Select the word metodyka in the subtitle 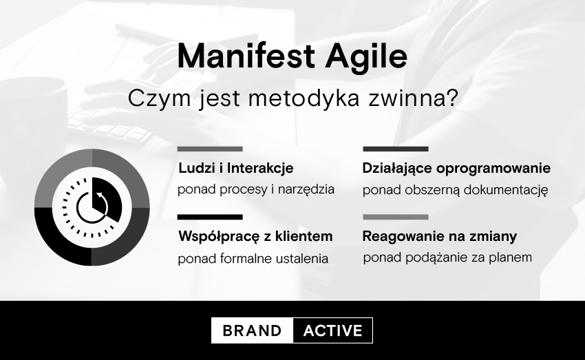(304, 98)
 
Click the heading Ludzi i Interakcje (236, 168)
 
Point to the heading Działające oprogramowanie (456, 168)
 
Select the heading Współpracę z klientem (255, 237)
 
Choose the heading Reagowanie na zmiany (440, 237)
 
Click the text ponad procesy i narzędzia (256, 190)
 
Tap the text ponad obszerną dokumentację (455, 190)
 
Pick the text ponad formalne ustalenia (253, 258)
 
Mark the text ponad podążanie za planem (447, 258)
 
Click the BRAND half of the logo (252, 330)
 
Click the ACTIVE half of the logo (333, 330)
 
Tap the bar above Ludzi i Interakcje (210, 149)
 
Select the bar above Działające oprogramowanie (396, 149)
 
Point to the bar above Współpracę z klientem (210, 217)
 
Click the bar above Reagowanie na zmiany (396, 217)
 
